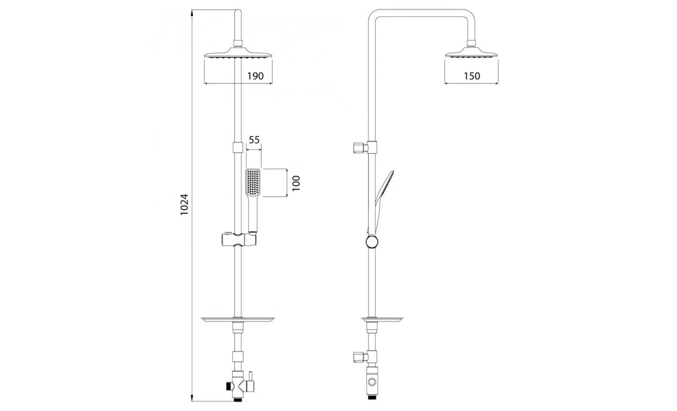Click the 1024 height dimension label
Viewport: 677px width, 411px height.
(184, 205)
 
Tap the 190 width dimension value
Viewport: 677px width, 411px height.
(255, 76)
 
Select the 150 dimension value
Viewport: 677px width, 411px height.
(472, 76)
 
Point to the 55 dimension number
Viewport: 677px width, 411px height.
(254, 140)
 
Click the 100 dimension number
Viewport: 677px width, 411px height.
(296, 183)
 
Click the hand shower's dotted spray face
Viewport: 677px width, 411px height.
(252, 182)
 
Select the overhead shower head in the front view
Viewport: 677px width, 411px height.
(238, 52)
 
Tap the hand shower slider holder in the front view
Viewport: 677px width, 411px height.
(239, 239)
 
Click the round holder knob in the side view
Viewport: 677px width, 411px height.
(372, 242)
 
